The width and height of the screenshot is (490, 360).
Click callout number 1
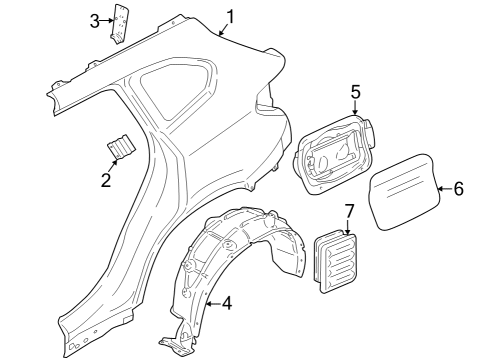tap(230, 16)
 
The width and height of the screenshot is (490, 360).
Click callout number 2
tap(104, 181)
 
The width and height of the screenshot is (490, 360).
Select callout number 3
tap(95, 20)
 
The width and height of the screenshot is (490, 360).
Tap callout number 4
tap(227, 301)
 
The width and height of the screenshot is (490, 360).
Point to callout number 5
tap(355, 91)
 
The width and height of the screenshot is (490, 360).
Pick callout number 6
tap(459, 187)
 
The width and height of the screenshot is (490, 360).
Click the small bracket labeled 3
tap(120, 24)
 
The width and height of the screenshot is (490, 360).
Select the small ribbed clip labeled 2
tap(122, 147)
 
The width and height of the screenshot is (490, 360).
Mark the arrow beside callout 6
tap(443, 187)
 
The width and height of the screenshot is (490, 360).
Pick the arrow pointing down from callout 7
tap(349, 226)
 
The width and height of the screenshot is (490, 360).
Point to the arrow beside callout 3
tap(106, 20)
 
